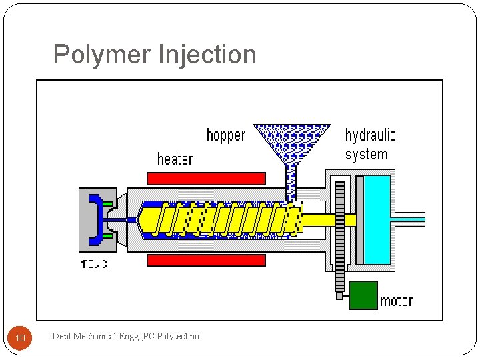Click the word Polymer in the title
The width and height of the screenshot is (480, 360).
click(101, 55)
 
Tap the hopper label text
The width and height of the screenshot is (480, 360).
click(225, 136)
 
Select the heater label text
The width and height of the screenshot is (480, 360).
click(175, 159)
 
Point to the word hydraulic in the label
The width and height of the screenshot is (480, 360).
click(370, 135)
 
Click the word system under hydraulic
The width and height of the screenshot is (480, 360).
click(366, 155)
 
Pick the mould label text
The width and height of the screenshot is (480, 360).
click(94, 263)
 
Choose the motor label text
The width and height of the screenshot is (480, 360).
click(396, 301)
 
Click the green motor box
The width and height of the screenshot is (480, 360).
click(363, 295)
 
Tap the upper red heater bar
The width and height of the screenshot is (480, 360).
click(206, 178)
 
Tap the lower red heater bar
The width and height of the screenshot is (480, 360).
click(206, 260)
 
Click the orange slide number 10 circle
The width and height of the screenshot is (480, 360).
click(20, 339)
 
